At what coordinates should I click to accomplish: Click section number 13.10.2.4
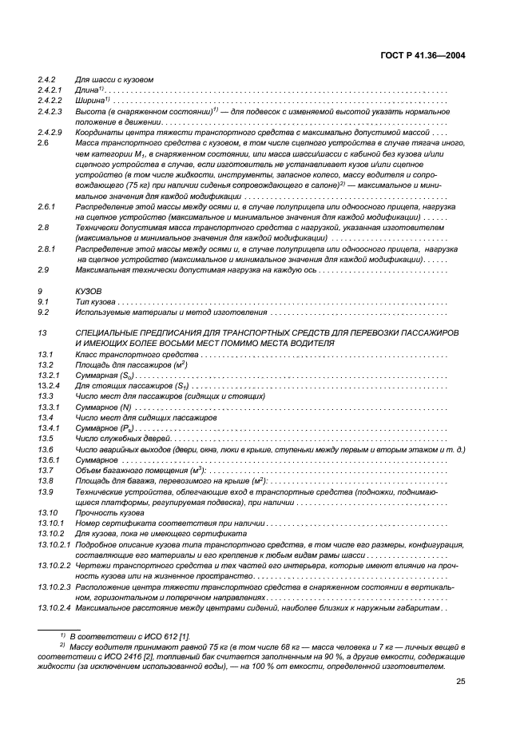(55, 608)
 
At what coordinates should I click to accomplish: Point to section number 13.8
(46, 480)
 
